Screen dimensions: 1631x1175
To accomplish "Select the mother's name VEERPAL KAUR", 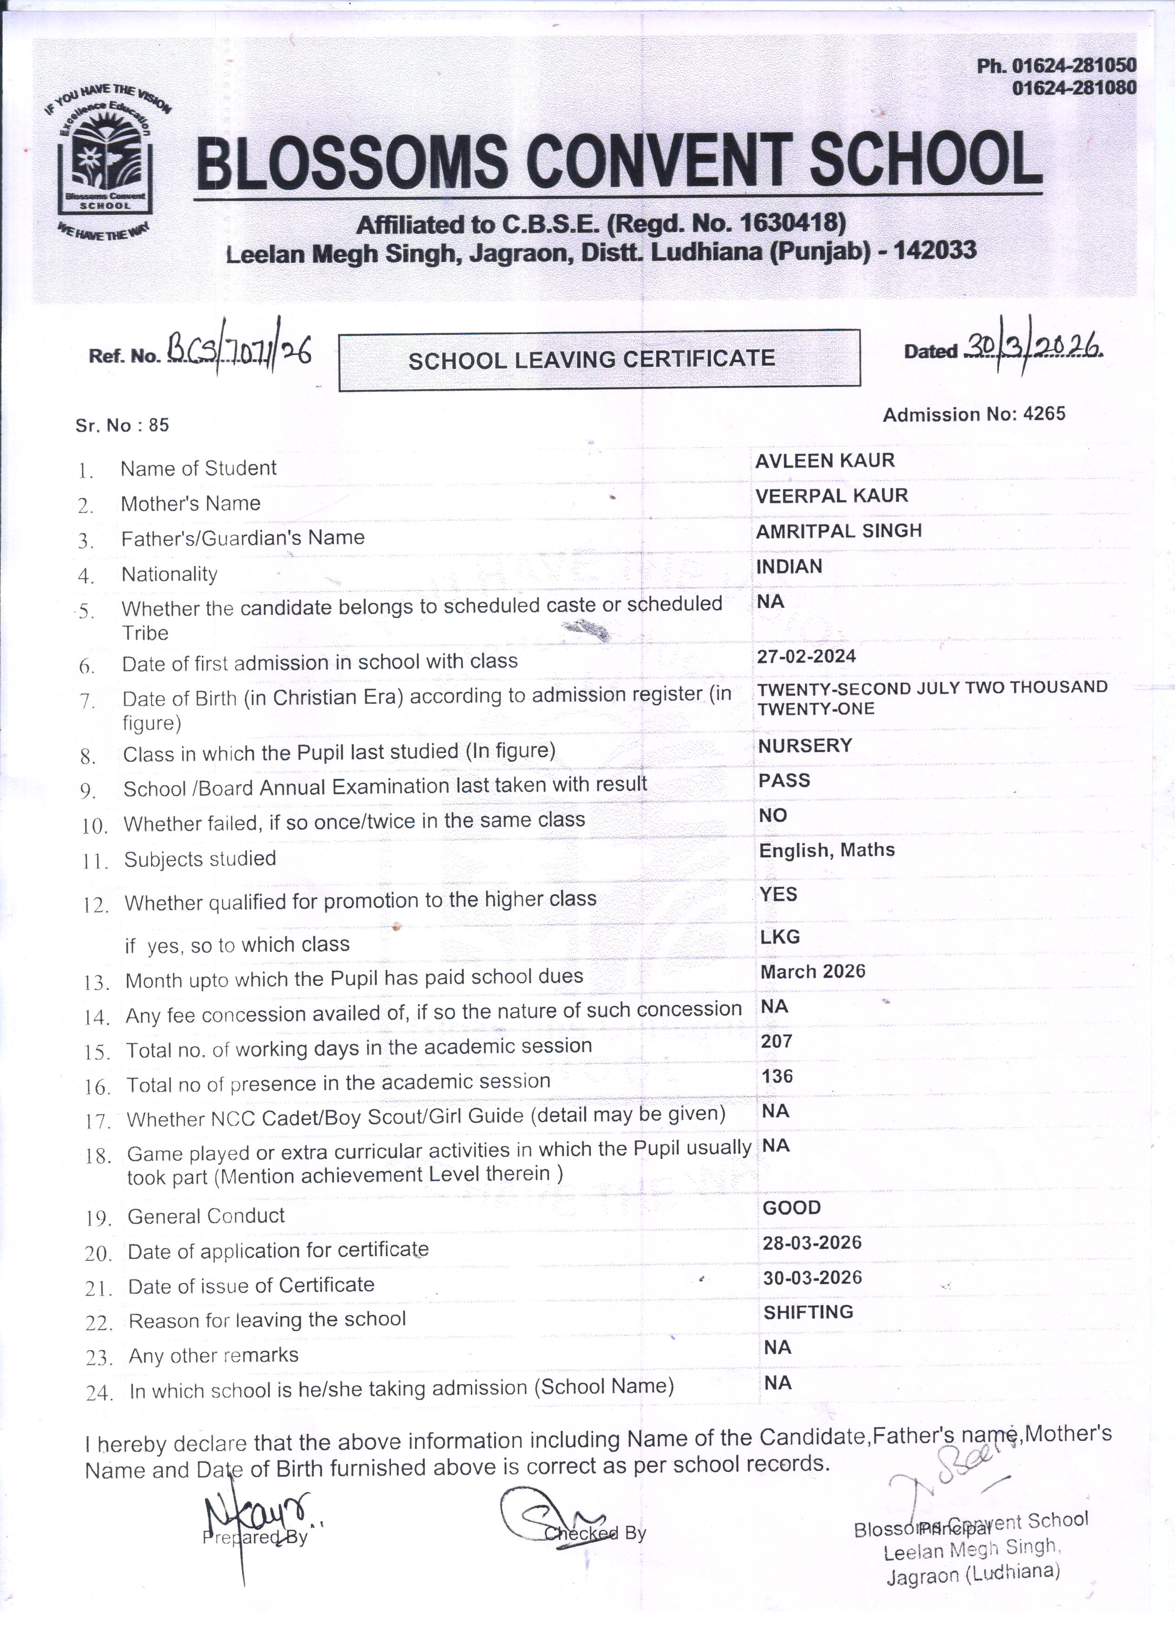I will click(x=832, y=495).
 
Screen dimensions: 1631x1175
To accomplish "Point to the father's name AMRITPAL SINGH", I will click(x=838, y=531).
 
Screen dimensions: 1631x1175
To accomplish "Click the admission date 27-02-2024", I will click(x=806, y=656).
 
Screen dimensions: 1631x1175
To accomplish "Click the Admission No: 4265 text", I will click(x=974, y=414).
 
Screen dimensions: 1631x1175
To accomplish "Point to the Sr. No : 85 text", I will click(x=122, y=425).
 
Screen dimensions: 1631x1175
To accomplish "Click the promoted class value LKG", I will click(x=780, y=936).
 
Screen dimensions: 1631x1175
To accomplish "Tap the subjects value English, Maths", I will click(x=826, y=850).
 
